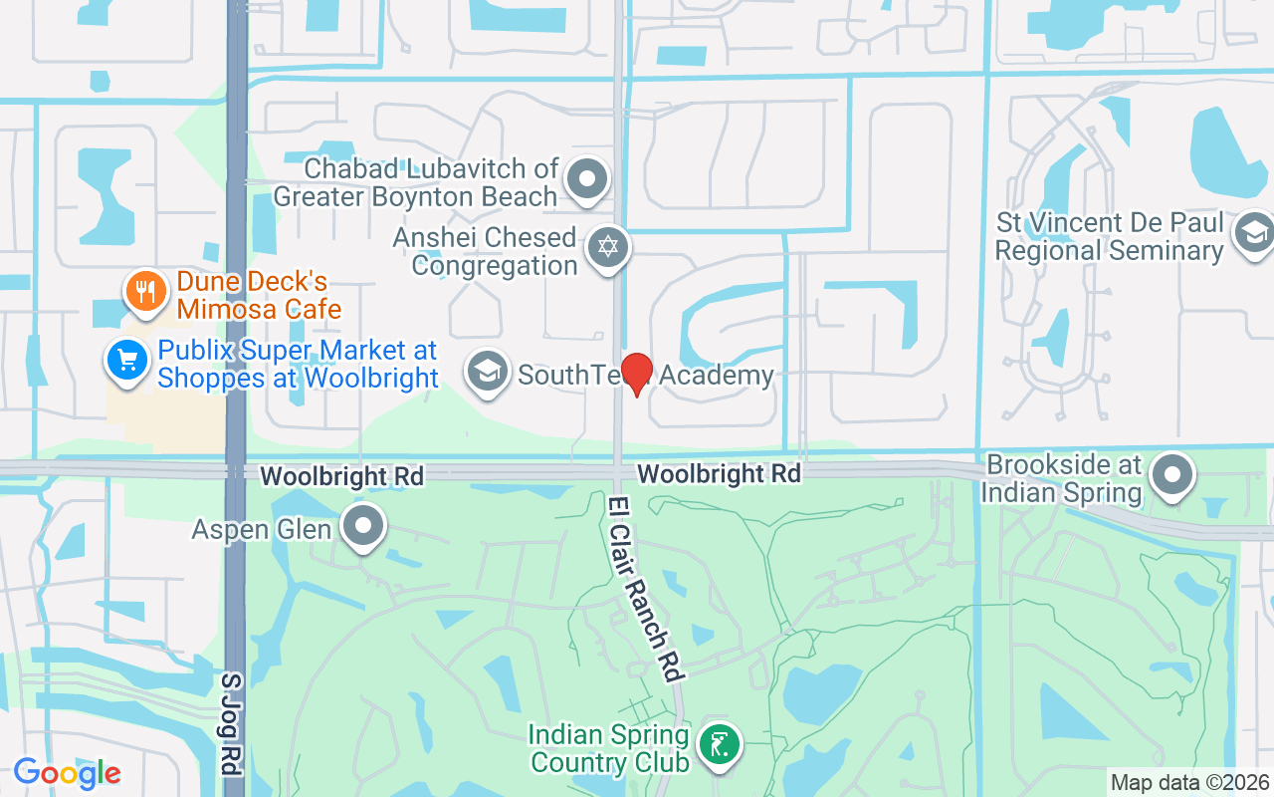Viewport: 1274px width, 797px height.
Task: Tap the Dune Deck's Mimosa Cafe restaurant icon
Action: coord(145,291)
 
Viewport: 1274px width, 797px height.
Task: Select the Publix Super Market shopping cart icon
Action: coord(126,361)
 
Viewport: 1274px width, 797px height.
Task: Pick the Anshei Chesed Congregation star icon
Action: coord(608,246)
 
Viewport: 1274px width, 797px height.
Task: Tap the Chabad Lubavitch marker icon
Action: coord(587,179)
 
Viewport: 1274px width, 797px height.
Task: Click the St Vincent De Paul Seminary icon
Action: coord(1251,234)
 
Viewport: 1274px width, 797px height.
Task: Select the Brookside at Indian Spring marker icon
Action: coord(1172,474)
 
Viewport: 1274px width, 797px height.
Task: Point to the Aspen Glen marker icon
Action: coord(363,526)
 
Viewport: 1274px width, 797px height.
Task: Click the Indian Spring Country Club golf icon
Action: coord(719,744)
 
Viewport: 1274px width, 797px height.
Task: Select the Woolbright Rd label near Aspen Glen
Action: coord(342,477)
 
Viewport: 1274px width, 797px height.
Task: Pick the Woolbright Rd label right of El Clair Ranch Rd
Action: coord(719,473)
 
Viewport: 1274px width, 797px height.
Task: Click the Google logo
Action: coord(67,773)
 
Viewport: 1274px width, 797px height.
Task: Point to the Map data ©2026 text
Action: coord(1189,783)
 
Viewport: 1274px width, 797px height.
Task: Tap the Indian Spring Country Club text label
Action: coord(609,749)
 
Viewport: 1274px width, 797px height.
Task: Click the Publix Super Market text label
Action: coord(298,365)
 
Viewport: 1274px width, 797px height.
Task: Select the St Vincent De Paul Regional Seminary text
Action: coord(1109,237)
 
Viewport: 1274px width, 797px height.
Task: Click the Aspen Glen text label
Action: coord(261,529)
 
